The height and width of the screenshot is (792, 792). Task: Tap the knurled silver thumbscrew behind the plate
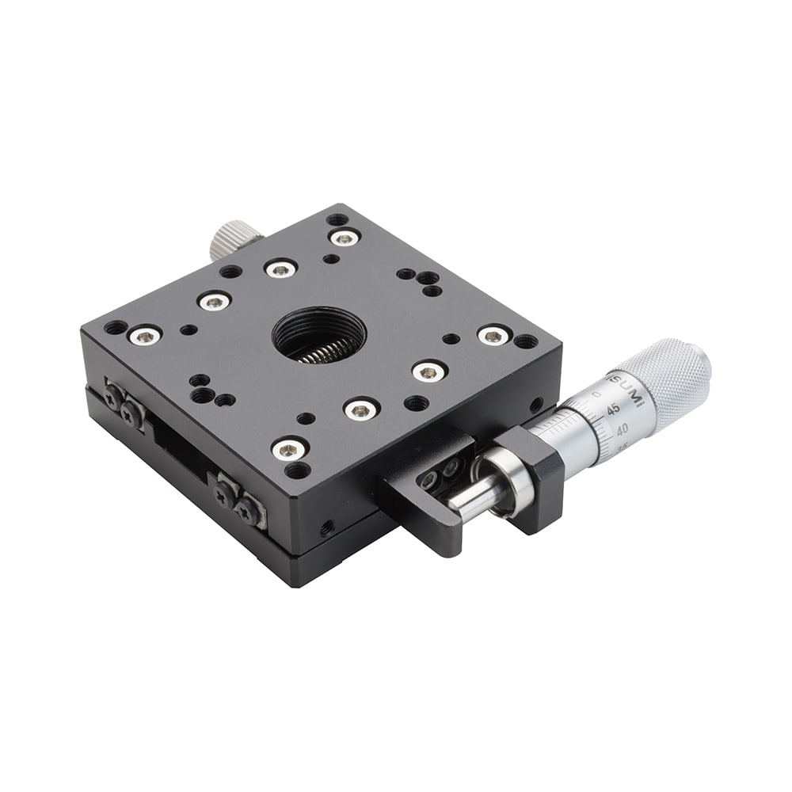235,238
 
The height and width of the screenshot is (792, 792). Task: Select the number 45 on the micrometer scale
613,409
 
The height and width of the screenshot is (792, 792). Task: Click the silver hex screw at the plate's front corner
289,449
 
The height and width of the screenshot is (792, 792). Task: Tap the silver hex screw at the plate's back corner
344,237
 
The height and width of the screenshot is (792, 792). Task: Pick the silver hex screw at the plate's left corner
144,336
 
